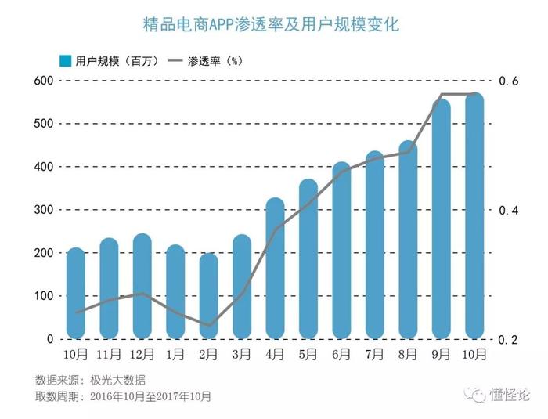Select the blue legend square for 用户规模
coord(66,61)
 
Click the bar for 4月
coord(275,270)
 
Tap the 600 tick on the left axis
coord(42,81)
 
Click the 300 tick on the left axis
coord(42,210)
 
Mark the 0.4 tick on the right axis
coord(508,211)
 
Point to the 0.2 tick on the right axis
coord(508,340)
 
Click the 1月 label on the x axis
coord(175,355)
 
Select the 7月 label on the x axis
coord(375,355)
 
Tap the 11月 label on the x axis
coord(109,355)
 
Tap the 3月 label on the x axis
coord(242,355)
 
